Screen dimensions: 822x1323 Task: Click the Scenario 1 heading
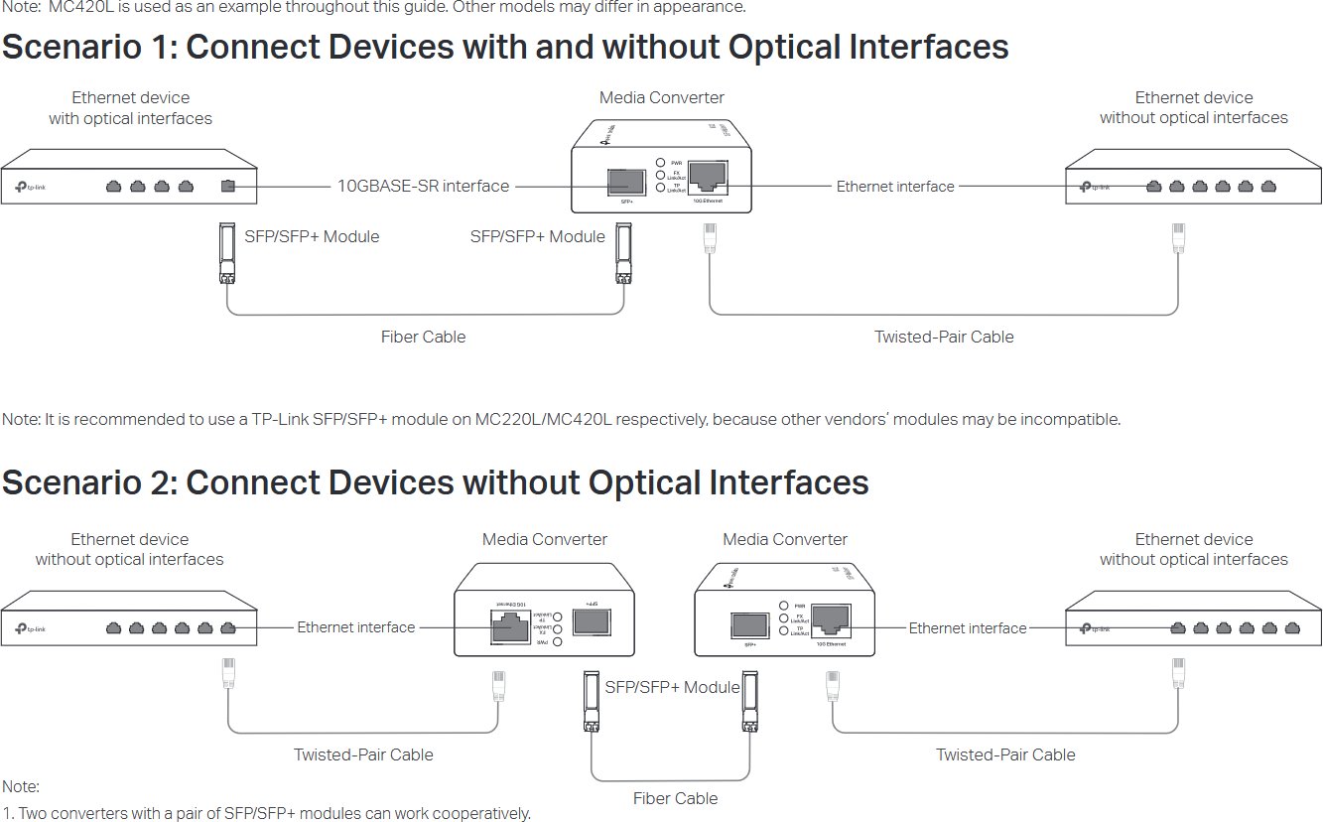(505, 48)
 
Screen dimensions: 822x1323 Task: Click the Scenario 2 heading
(435, 483)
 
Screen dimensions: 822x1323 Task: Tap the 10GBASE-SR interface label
(423, 186)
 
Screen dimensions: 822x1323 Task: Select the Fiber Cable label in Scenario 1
(423, 337)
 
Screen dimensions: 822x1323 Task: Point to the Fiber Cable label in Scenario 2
(675, 798)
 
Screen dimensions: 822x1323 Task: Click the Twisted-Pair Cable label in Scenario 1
(944, 337)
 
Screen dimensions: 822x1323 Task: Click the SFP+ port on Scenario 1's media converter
(628, 181)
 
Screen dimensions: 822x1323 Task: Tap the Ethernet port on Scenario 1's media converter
(708, 176)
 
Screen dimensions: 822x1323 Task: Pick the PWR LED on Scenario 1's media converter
(661, 162)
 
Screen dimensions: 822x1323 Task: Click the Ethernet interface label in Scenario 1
(895, 186)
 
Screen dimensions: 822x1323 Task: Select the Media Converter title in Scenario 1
(661, 97)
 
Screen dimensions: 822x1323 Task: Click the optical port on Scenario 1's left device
(228, 186)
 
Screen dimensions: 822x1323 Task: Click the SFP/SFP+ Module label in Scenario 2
(672, 687)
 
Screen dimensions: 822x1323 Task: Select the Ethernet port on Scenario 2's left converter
(508, 627)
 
